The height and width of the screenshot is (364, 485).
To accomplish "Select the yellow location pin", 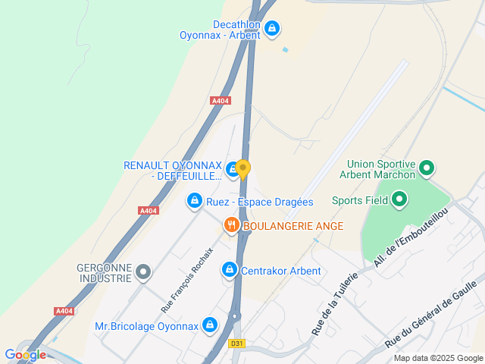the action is point(242,168).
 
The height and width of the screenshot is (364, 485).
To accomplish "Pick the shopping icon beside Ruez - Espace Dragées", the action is point(195,200).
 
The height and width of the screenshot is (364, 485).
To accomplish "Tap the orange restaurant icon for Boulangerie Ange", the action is point(231,225).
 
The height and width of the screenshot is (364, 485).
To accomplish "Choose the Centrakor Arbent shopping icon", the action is point(229,269).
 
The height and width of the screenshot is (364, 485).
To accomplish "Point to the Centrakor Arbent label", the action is point(280,271).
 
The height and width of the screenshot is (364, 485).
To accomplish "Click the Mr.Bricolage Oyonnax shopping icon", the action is point(210,326).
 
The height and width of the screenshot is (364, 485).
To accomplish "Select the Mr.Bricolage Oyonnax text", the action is point(146,327).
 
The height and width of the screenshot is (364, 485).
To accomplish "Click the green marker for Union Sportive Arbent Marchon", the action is point(426,168).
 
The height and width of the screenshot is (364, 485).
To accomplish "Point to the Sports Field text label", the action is point(360,201).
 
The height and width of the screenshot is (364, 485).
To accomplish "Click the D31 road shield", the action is point(237,344).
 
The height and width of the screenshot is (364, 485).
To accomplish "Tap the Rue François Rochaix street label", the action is point(187,280).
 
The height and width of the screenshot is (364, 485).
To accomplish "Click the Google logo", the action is point(25,354).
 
